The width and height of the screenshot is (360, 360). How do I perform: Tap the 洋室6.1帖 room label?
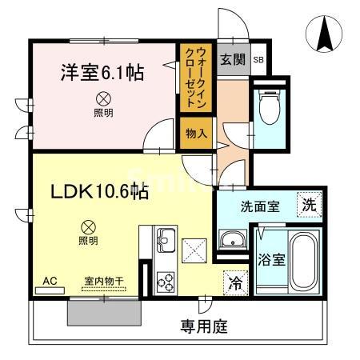click(x=102, y=73)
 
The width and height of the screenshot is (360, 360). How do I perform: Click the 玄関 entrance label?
click(x=232, y=59)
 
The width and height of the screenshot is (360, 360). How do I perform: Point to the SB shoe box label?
click(x=258, y=60)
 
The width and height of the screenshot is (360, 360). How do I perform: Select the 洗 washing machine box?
click(x=309, y=204)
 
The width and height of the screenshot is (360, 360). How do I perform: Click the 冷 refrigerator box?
click(x=235, y=282)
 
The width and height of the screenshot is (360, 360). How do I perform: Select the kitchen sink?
click(x=166, y=238)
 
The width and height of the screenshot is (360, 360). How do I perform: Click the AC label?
click(x=50, y=281)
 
